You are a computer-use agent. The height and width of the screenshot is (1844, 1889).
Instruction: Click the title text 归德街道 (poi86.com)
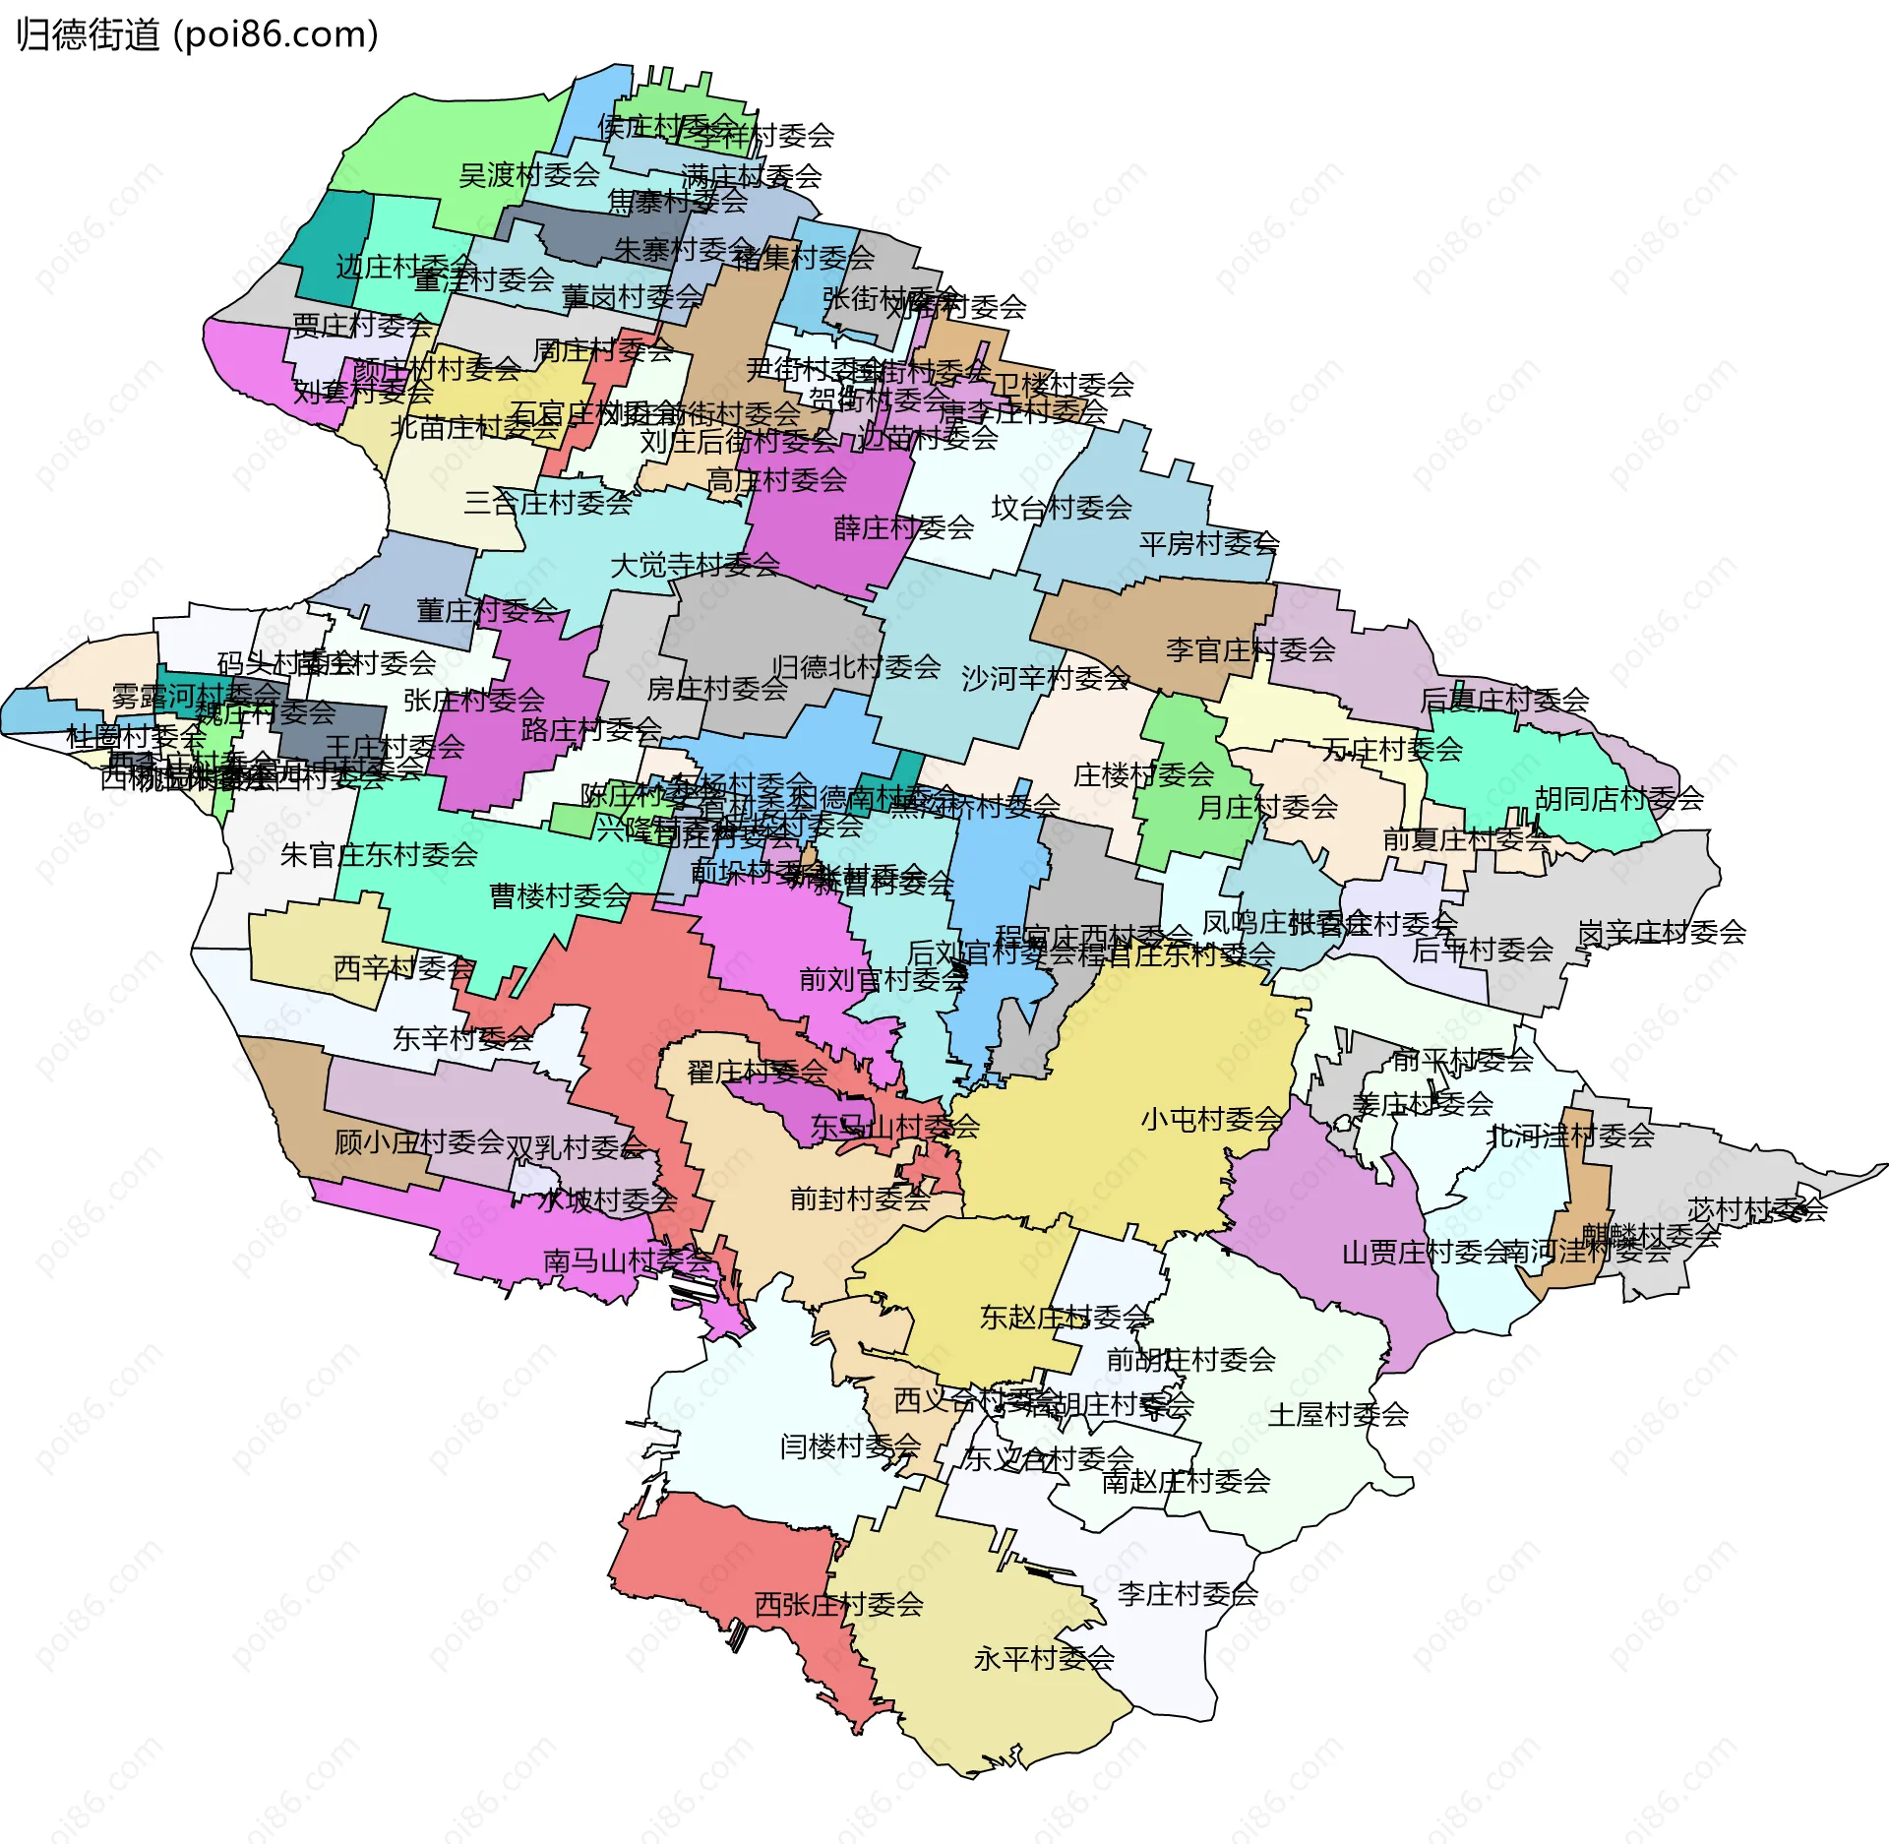click(x=197, y=34)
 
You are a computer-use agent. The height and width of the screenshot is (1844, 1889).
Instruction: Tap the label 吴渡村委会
click(x=529, y=175)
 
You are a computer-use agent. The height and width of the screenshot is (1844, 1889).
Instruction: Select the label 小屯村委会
click(x=1211, y=1119)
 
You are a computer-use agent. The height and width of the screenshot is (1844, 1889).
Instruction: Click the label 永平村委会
click(x=1043, y=1658)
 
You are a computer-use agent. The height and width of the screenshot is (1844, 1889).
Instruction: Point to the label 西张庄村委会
click(x=838, y=1604)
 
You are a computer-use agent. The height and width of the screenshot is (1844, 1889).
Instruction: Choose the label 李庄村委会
click(x=1187, y=1593)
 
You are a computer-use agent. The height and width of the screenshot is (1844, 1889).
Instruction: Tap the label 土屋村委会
click(x=1337, y=1414)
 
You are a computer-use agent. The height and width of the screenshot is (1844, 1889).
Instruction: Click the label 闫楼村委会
click(x=849, y=1445)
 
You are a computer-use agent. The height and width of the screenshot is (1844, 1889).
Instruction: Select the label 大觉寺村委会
click(x=695, y=565)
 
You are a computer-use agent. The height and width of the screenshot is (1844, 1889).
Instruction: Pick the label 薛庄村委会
click(x=903, y=527)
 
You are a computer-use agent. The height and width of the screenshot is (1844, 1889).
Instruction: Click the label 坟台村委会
click(x=1061, y=508)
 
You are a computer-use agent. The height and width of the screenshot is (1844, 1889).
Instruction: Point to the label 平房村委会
click(x=1208, y=543)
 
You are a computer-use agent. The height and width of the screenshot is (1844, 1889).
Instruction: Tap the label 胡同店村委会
click(x=1618, y=798)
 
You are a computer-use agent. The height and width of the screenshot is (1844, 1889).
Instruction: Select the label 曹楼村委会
click(x=560, y=895)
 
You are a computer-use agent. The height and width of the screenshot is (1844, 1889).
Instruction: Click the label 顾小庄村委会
click(x=419, y=1141)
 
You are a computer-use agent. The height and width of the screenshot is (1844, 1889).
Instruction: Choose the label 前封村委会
click(x=860, y=1198)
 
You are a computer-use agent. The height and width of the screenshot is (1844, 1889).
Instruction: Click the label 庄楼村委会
click(x=1143, y=774)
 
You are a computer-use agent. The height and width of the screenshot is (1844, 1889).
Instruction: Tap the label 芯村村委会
click(x=1757, y=1208)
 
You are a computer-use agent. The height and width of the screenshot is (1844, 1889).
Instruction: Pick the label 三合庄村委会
click(x=548, y=503)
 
